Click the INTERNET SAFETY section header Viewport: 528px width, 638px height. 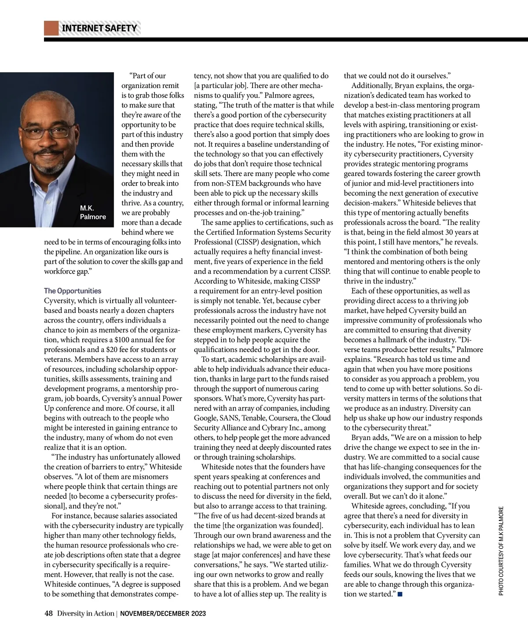[x=99, y=28]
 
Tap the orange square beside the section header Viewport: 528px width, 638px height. [x=51, y=28]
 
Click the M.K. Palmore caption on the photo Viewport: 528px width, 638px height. [x=93, y=212]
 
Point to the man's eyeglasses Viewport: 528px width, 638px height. [x=48, y=131]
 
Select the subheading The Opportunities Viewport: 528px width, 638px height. [x=73, y=291]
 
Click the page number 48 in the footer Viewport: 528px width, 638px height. [x=48, y=613]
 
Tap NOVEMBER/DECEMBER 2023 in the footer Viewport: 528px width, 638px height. [x=163, y=613]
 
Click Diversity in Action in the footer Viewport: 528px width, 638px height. [x=85, y=613]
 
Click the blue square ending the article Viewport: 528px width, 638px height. [x=400, y=594]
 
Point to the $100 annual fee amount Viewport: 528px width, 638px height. [x=122, y=340]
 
